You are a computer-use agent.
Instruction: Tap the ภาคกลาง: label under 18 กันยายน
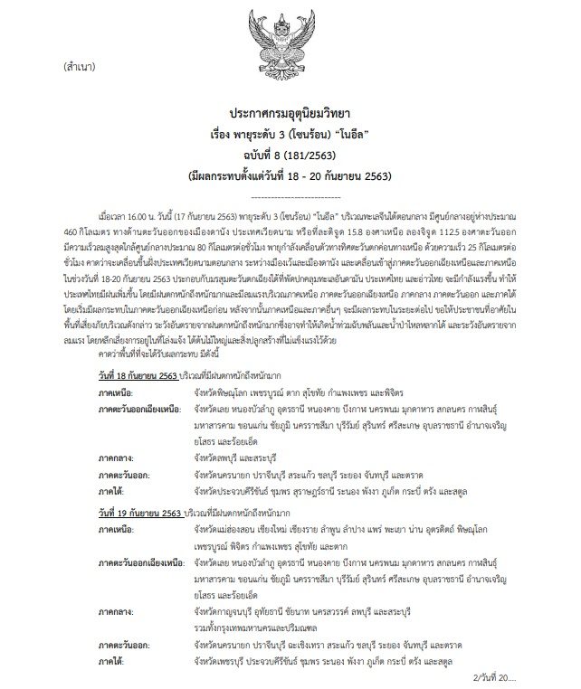[x=119, y=460]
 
